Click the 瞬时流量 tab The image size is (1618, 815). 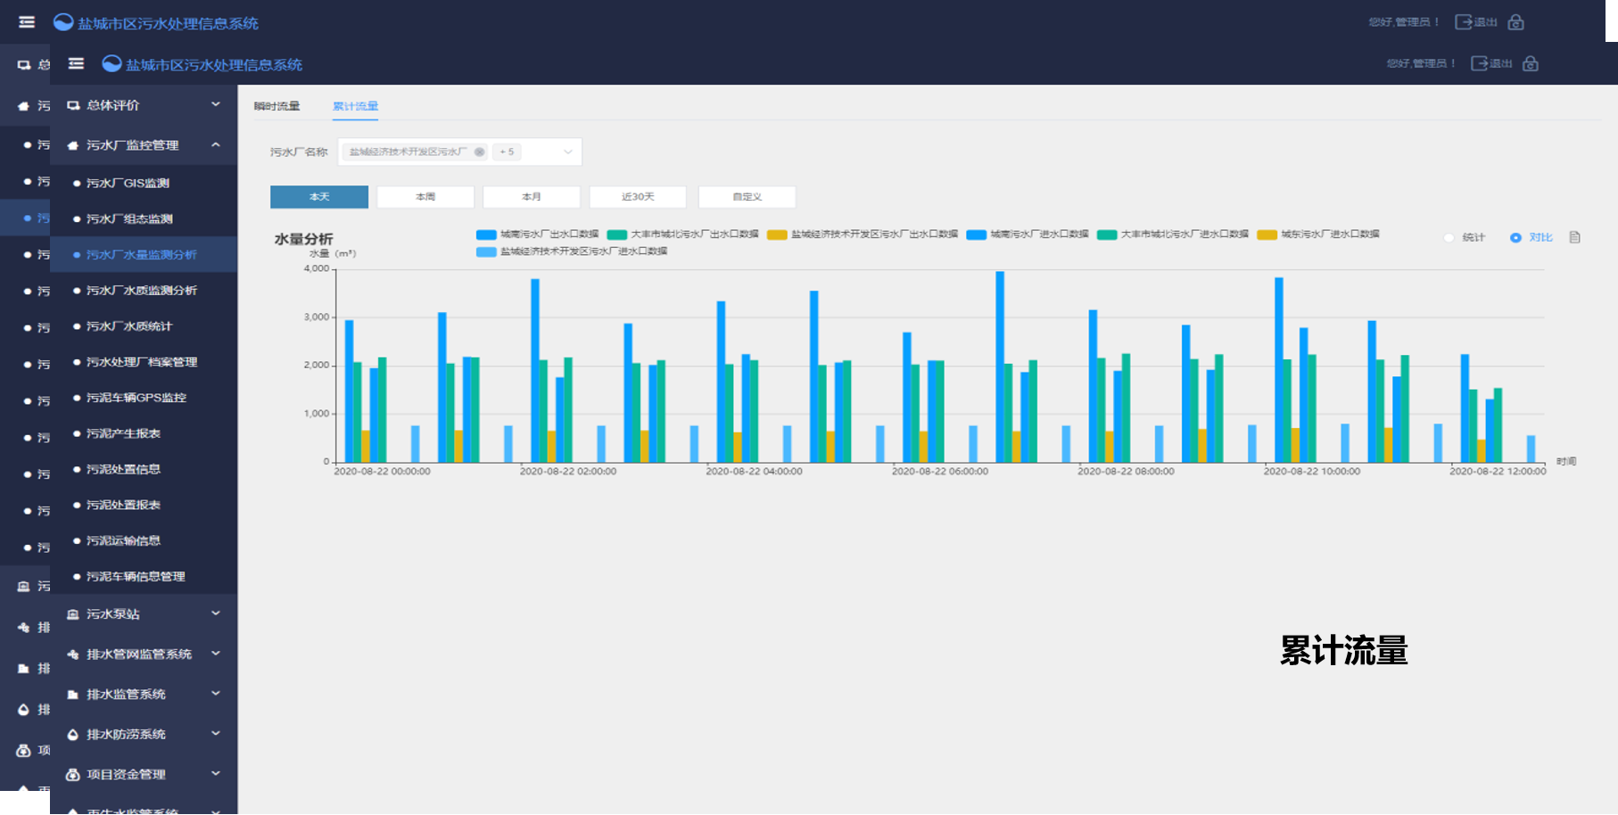click(277, 106)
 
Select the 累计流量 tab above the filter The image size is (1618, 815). click(355, 106)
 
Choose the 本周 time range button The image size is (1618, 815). click(425, 197)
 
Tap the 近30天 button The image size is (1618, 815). click(638, 197)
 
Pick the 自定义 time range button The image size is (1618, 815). click(747, 197)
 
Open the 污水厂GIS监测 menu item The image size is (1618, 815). click(128, 183)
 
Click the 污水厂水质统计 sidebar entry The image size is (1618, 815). click(129, 326)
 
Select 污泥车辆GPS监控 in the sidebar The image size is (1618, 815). click(136, 398)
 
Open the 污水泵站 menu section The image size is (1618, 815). click(113, 614)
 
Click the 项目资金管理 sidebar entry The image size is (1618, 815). click(126, 775)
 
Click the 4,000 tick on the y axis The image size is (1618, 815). click(317, 268)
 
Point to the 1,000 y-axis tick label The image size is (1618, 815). click(317, 414)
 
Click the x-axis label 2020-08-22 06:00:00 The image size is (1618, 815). click(940, 472)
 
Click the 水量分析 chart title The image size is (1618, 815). click(303, 239)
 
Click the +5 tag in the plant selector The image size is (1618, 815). click(507, 152)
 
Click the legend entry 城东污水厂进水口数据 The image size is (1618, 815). click(1329, 235)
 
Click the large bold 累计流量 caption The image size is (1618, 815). click(1343, 651)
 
